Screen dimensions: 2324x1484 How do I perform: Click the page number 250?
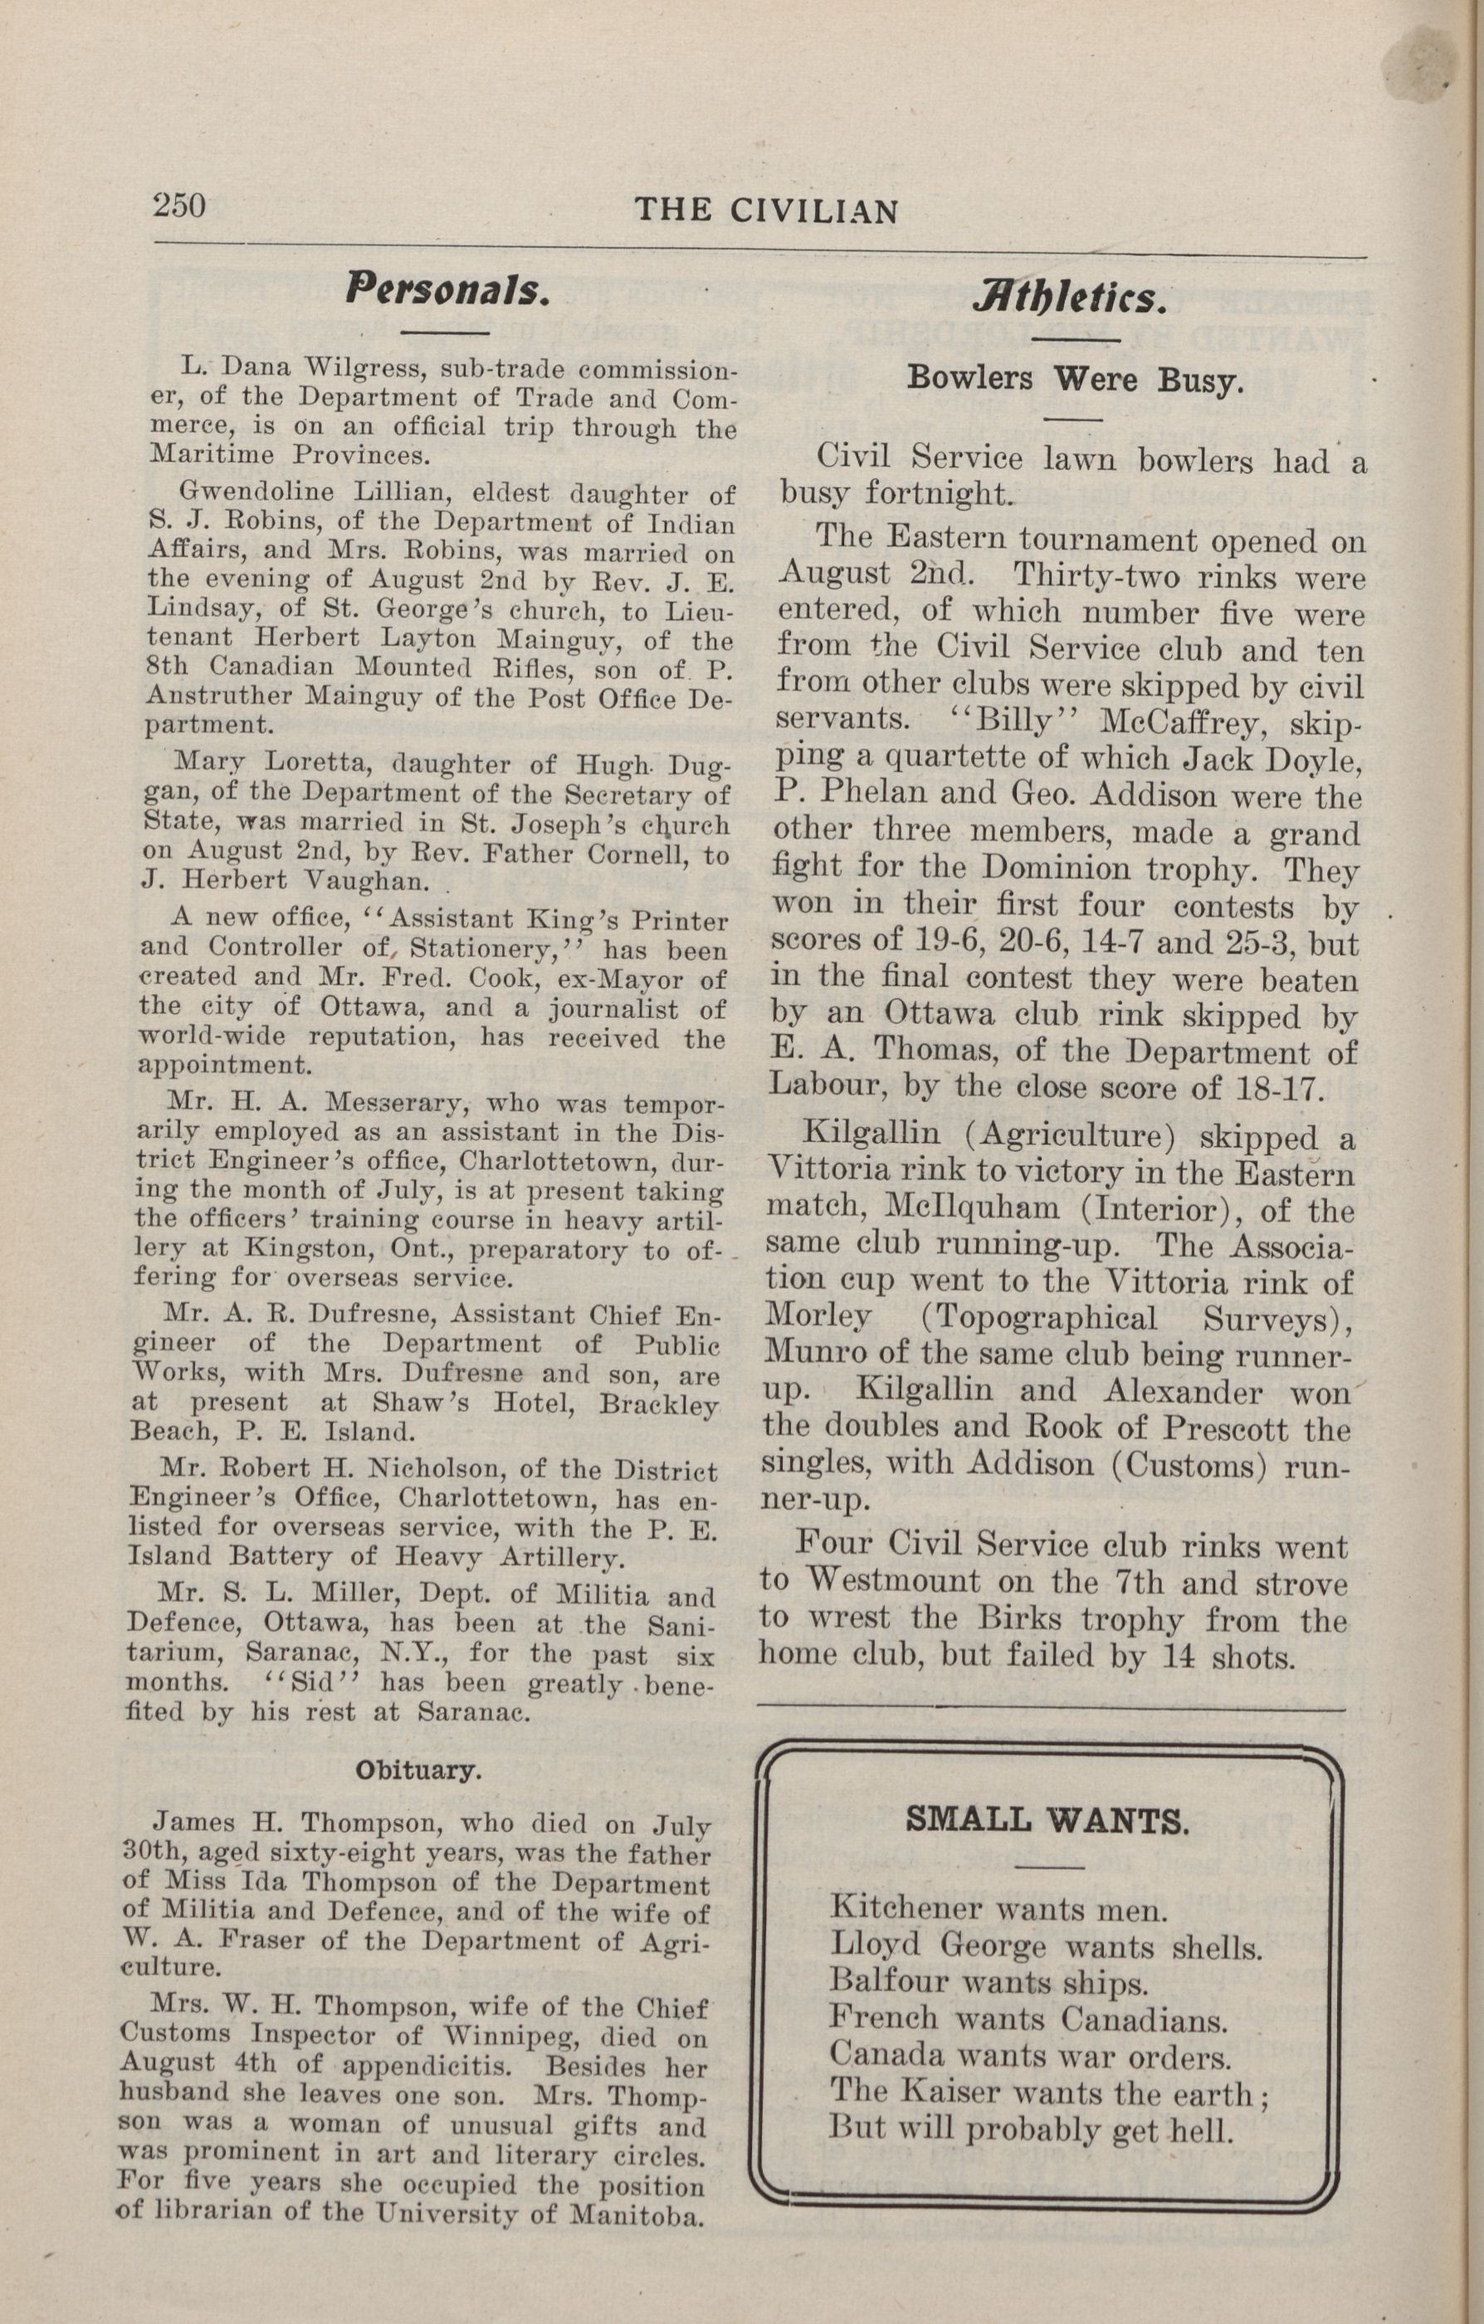pyautogui.click(x=178, y=206)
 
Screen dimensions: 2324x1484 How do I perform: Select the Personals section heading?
pyautogui.click(x=447, y=290)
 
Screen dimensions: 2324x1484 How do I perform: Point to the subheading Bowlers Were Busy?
pyautogui.click(x=1074, y=379)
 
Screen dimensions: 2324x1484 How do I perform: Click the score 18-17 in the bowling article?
pyautogui.click(x=1276, y=1087)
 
